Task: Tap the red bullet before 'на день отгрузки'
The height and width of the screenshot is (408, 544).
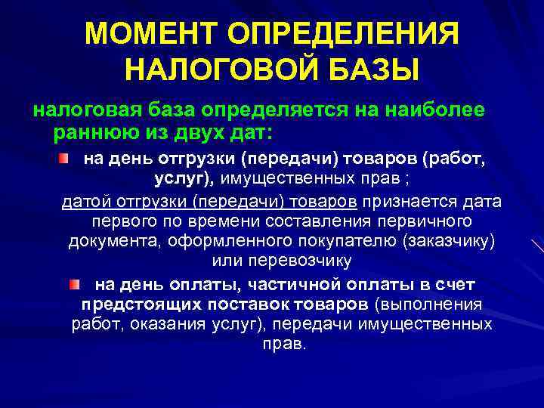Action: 66,159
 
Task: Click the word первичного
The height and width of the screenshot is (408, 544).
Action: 425,222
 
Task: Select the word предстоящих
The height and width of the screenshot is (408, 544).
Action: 136,304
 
